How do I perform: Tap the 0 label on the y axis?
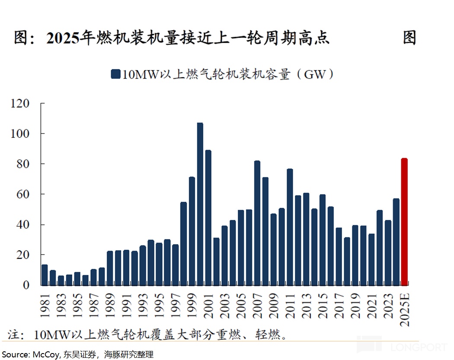pos(26,285)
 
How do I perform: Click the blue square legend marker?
pos(115,74)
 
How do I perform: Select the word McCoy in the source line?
pos(44,355)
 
